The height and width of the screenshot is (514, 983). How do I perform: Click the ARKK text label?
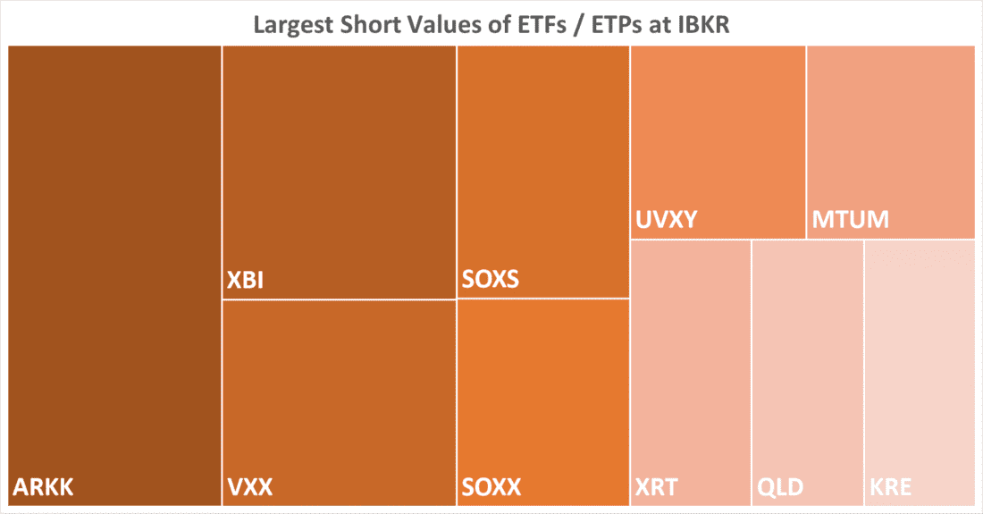[43, 488]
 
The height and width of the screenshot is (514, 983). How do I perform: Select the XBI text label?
[245, 282]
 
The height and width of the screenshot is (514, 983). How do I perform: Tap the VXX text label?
[249, 488]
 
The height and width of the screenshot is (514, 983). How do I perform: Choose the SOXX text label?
[491, 488]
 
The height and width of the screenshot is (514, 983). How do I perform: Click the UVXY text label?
[666, 220]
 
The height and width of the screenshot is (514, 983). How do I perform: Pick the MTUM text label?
[851, 220]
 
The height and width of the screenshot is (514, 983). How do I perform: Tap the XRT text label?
[657, 488]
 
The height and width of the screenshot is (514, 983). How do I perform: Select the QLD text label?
[780, 488]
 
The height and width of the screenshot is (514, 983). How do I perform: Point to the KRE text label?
[892, 488]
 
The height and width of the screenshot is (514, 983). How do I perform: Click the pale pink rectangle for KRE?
[920, 358]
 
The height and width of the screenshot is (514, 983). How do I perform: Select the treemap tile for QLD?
[807, 358]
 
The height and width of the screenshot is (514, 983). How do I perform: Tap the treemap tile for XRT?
[690, 358]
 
